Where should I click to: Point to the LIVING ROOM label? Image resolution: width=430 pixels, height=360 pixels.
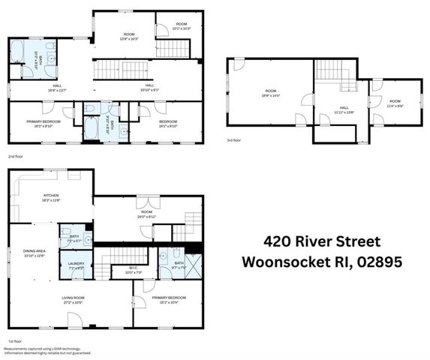tap(74, 298)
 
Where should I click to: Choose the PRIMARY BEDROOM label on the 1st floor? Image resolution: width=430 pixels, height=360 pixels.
tap(168, 298)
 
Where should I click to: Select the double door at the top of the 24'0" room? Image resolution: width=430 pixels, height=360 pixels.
tap(144, 202)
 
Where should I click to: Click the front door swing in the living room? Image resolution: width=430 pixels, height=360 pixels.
tap(74, 320)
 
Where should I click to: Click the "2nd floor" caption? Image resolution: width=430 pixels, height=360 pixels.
tap(15, 156)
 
